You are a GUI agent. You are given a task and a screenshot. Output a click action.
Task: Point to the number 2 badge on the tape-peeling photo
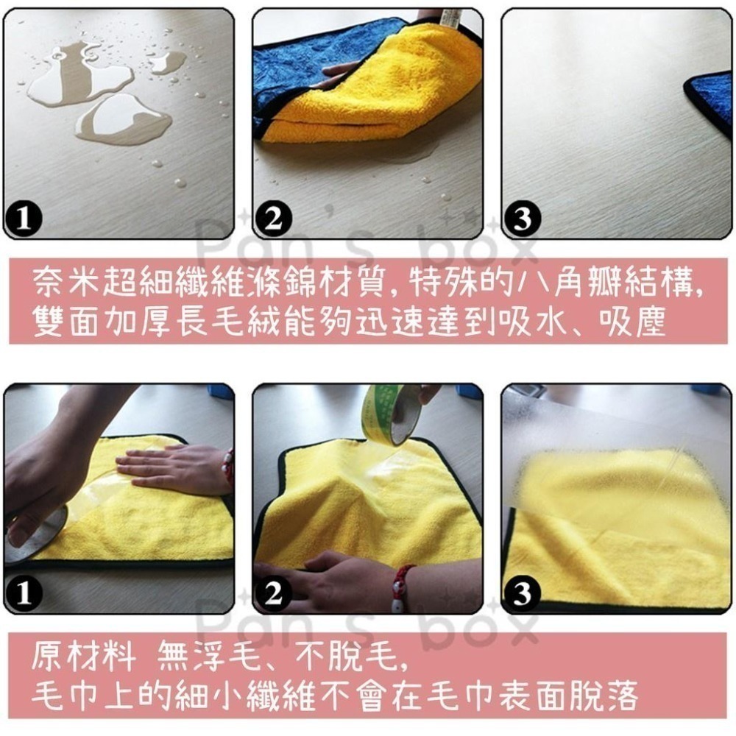point(273,594)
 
